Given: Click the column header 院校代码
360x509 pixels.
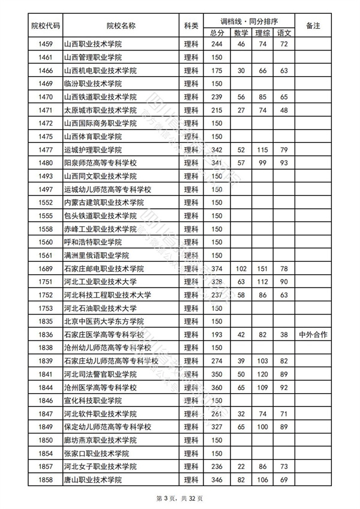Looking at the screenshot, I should click(x=45, y=26).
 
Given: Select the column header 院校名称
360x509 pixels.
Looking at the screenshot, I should click(x=121, y=26).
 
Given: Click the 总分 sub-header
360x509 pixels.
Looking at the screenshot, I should click(x=217, y=32).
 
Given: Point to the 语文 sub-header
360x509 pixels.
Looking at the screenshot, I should click(x=284, y=32).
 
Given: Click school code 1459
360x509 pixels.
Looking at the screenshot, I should click(x=45, y=44).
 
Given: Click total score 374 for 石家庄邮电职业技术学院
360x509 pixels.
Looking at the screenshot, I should click(x=217, y=268).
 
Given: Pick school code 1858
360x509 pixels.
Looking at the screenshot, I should click(x=45, y=480).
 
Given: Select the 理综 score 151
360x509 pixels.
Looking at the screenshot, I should click(x=261, y=268).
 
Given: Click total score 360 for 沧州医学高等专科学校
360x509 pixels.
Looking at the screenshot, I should click(x=217, y=387).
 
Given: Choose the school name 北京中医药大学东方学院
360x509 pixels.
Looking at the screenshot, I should click(x=104, y=321).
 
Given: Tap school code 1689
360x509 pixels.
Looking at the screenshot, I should click(x=45, y=268).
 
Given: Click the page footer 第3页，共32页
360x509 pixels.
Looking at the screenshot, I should click(x=180, y=498).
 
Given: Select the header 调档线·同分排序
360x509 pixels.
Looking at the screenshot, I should click(x=251, y=20).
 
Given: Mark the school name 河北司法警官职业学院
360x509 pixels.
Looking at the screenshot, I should click(x=100, y=374).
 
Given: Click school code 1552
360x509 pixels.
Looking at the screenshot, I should click(x=45, y=202).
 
